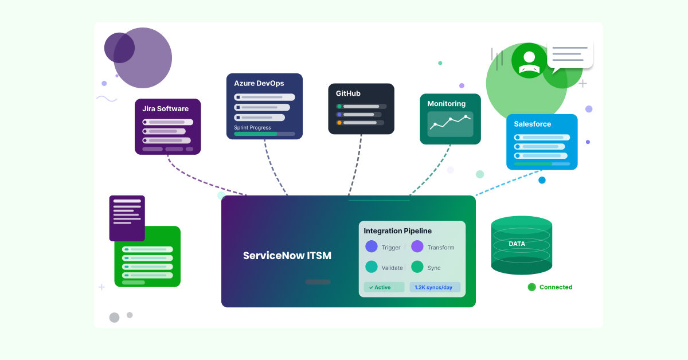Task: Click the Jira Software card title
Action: (165, 109)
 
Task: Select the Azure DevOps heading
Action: (259, 83)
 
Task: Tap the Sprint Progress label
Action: (252, 128)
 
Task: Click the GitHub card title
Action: (348, 93)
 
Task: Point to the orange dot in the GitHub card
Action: (339, 123)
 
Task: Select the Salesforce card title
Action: (532, 124)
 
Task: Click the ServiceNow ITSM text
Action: (287, 256)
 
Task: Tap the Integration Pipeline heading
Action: (397, 231)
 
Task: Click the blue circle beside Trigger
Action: (372, 246)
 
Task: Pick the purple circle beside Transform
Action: (417, 246)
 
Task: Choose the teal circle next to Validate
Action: (372, 267)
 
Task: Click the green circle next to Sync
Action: (417, 267)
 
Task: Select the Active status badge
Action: (384, 287)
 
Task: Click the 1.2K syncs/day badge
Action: (435, 287)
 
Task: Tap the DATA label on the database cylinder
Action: (517, 244)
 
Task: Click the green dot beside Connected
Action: (531, 287)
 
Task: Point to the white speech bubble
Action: (569, 55)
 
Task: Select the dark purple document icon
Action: (127, 218)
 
